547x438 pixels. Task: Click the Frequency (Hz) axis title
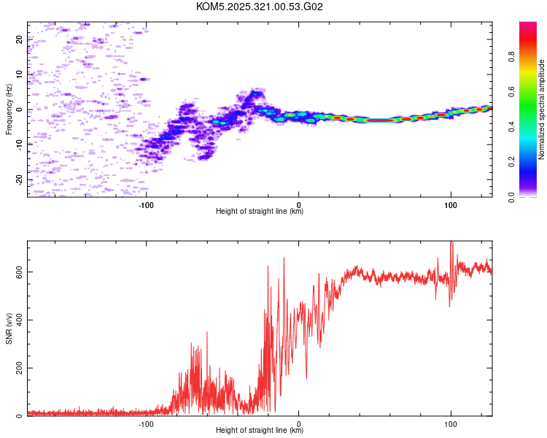(x=9, y=109)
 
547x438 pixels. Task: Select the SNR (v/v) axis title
(x=9, y=328)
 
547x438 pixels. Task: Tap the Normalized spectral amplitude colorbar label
(x=542, y=109)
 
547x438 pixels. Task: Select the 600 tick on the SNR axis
(x=16, y=272)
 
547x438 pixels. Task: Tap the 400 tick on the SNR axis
(x=16, y=320)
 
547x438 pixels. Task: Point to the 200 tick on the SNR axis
(x=16, y=368)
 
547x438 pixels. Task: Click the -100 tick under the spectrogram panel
(x=147, y=204)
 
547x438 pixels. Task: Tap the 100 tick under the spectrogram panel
(x=451, y=204)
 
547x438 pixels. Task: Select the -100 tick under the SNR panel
(x=147, y=423)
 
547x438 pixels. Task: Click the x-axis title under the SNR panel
(x=260, y=431)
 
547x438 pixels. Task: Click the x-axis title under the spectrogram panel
(x=260, y=212)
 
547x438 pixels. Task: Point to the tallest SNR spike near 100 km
(x=451, y=243)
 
